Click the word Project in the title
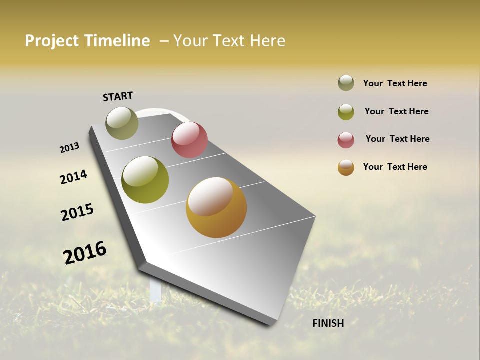pyautogui.click(x=52, y=41)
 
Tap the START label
pyautogui.click(x=118, y=96)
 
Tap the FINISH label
pyautogui.click(x=328, y=323)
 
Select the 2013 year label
pyautogui.click(x=69, y=148)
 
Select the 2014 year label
pyautogui.click(x=73, y=177)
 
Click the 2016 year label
pyautogui.click(x=85, y=252)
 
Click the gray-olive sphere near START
pyautogui.click(x=122, y=123)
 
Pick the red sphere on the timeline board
pyautogui.click(x=189, y=140)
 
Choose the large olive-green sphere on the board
pyautogui.click(x=145, y=180)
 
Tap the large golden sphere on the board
pyautogui.click(x=216, y=207)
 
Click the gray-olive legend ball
pyautogui.click(x=346, y=83)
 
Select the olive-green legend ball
pyautogui.click(x=346, y=112)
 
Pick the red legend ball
pyautogui.click(x=346, y=140)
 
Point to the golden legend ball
pyautogui.click(x=346, y=167)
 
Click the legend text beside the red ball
pyautogui.click(x=397, y=139)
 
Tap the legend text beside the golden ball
pyautogui.click(x=395, y=167)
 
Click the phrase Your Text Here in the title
pyautogui.click(x=229, y=41)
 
